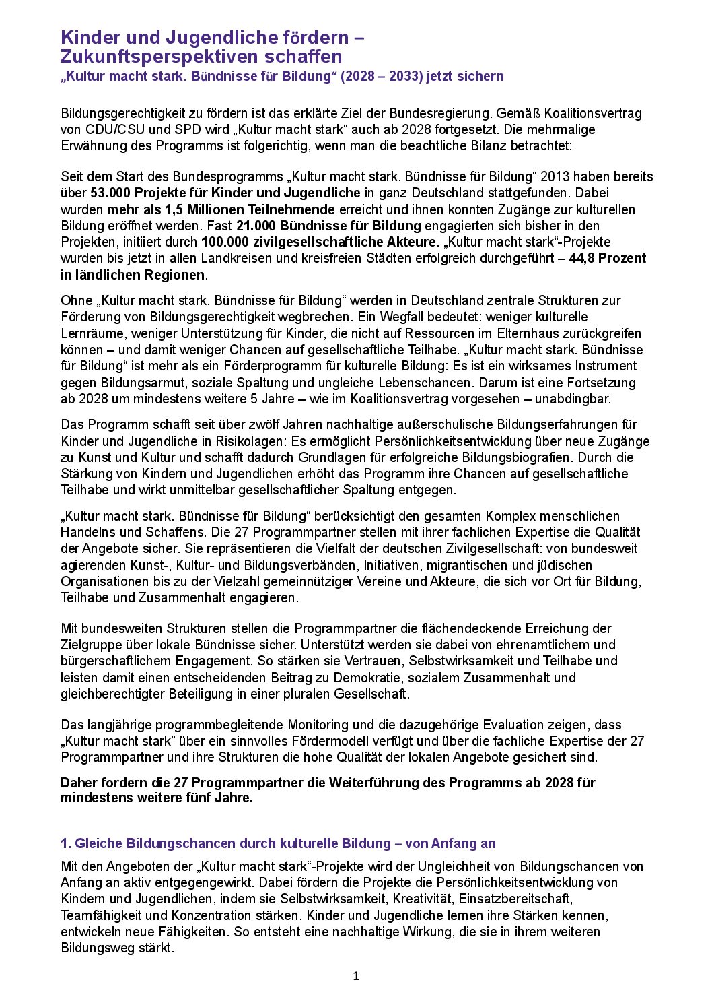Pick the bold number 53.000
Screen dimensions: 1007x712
pyautogui.click(x=110, y=193)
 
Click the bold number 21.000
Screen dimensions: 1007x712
pyautogui.click(x=256, y=226)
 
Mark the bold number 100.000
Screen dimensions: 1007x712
pyautogui.click(x=222, y=242)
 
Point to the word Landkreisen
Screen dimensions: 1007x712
pyautogui.click(x=238, y=258)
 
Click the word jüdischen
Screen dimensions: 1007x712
pyautogui.click(x=565, y=565)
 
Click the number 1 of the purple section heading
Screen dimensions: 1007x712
pyautogui.click(x=65, y=843)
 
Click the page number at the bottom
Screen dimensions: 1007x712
pyautogui.click(x=356, y=976)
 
